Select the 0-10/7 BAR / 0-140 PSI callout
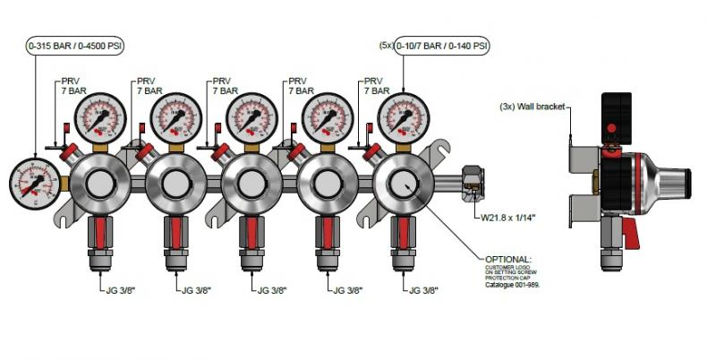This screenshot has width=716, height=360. [x=435, y=45]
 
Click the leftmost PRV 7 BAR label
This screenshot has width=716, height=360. [x=72, y=86]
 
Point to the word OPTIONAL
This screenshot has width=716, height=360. [x=508, y=258]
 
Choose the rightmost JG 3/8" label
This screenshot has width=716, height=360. [x=426, y=290]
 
